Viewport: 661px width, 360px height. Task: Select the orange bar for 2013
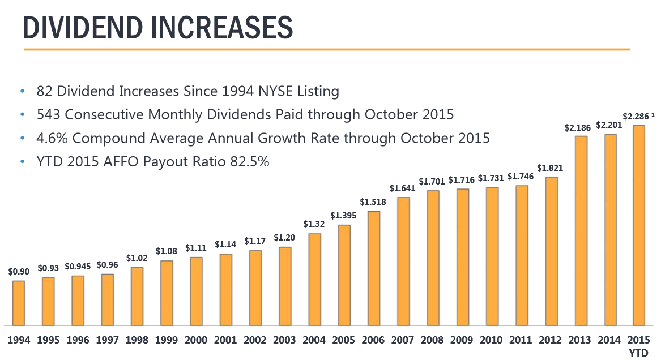pyautogui.click(x=581, y=230)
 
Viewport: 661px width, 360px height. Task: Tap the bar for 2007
pyautogui.click(x=404, y=261)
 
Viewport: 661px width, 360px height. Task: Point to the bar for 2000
pyautogui.click(x=197, y=291)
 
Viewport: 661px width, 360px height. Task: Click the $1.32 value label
pyautogui.click(x=314, y=225)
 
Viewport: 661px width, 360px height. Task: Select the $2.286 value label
pyautogui.click(x=636, y=116)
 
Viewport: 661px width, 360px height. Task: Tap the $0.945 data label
pyautogui.click(x=78, y=267)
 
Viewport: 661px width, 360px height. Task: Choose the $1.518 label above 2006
pyautogui.click(x=373, y=202)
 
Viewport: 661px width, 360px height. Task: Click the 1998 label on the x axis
pyautogui.click(x=137, y=340)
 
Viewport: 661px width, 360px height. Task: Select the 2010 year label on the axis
pyautogui.click(x=492, y=340)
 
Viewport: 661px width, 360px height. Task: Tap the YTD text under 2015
pyautogui.click(x=639, y=352)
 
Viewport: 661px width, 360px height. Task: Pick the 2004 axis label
pyautogui.click(x=314, y=340)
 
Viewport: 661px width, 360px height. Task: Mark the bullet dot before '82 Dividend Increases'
pyautogui.click(x=23, y=91)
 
